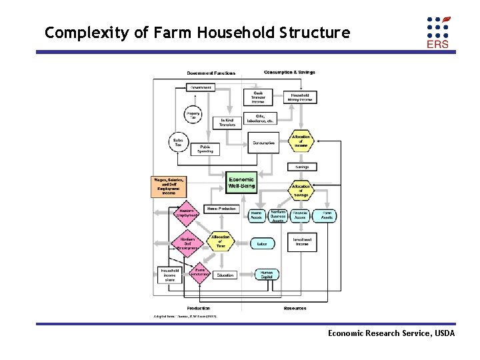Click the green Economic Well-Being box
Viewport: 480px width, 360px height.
pos(241,183)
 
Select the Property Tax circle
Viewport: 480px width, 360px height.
pos(193,115)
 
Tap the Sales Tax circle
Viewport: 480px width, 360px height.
pos(179,143)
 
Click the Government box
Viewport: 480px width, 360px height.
pos(201,87)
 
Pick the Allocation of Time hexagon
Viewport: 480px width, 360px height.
pos(221,241)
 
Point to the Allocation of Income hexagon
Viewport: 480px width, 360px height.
pos(301,141)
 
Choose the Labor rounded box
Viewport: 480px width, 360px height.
pos(261,244)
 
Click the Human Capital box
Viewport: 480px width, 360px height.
pos(267,275)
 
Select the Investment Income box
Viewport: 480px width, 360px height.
pos(301,241)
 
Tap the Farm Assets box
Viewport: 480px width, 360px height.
pos(327,215)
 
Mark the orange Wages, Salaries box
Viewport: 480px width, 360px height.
pos(168,185)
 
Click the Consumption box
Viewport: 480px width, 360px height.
pos(263,142)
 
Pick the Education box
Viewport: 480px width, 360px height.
pos(225,275)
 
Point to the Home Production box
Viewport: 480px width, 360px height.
pos(221,209)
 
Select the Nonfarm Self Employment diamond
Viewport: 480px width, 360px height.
pos(187,242)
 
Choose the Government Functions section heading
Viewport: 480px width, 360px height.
pos(211,73)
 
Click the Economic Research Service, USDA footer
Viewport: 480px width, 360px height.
pos(391,333)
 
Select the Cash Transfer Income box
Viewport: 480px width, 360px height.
pos(258,97)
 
